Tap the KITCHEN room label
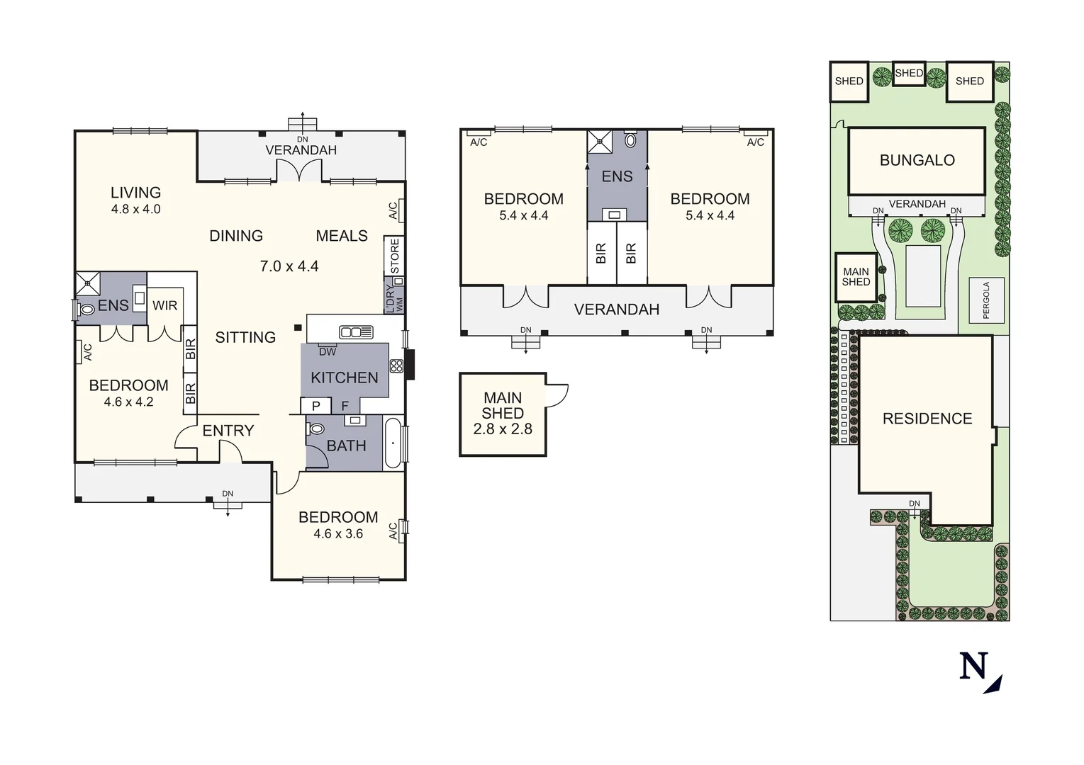(x=345, y=378)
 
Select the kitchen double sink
(x=356, y=331)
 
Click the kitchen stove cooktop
(x=396, y=366)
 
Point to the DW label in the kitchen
(x=328, y=351)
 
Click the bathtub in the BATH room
(x=393, y=443)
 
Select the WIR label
(x=164, y=305)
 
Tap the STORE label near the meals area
(x=395, y=256)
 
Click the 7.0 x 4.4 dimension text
(x=289, y=266)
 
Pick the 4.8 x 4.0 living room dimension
(x=135, y=209)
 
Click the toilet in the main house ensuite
(x=86, y=310)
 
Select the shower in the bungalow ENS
(x=600, y=142)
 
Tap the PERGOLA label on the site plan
(x=986, y=300)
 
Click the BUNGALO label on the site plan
(x=917, y=160)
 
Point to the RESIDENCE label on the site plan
(x=927, y=419)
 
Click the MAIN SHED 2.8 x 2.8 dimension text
(x=503, y=429)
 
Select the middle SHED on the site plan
(x=909, y=73)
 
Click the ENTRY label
(x=228, y=431)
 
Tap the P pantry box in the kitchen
(x=316, y=406)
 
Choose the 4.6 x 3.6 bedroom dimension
(x=338, y=534)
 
